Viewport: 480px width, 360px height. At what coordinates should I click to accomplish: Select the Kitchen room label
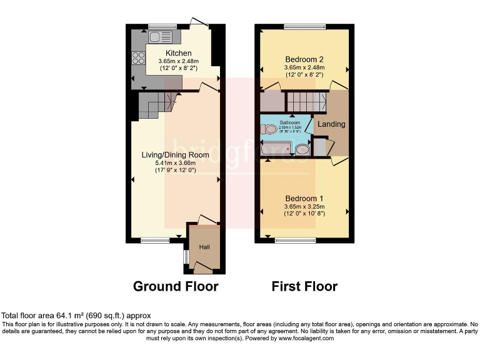(x=178, y=53)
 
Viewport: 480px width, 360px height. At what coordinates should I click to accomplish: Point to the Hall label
(x=204, y=247)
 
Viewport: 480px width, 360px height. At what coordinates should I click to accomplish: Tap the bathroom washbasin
(x=302, y=149)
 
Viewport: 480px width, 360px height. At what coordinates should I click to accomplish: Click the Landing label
(x=331, y=124)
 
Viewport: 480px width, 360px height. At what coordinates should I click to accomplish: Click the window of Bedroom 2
(x=304, y=27)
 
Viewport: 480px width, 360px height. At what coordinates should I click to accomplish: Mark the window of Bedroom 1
(x=296, y=240)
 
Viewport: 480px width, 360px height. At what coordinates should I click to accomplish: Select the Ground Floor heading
(x=176, y=286)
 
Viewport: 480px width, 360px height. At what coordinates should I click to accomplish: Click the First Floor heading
(x=304, y=286)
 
